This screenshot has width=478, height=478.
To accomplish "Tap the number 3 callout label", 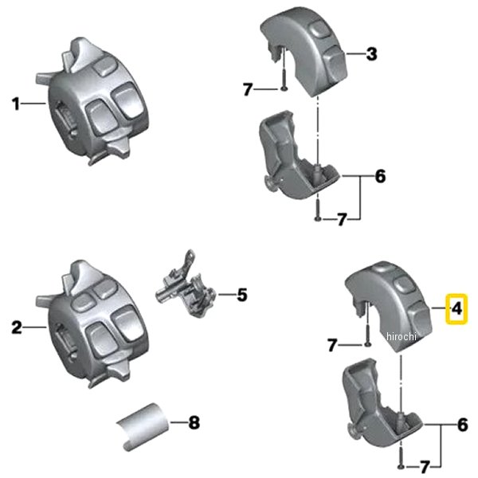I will (371, 55).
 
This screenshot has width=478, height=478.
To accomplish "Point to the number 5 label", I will (242, 296).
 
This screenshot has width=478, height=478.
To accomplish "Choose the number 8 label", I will (193, 422).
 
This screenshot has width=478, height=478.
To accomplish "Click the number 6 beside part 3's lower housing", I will (380, 176).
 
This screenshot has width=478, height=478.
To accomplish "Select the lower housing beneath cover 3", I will (295, 159).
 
